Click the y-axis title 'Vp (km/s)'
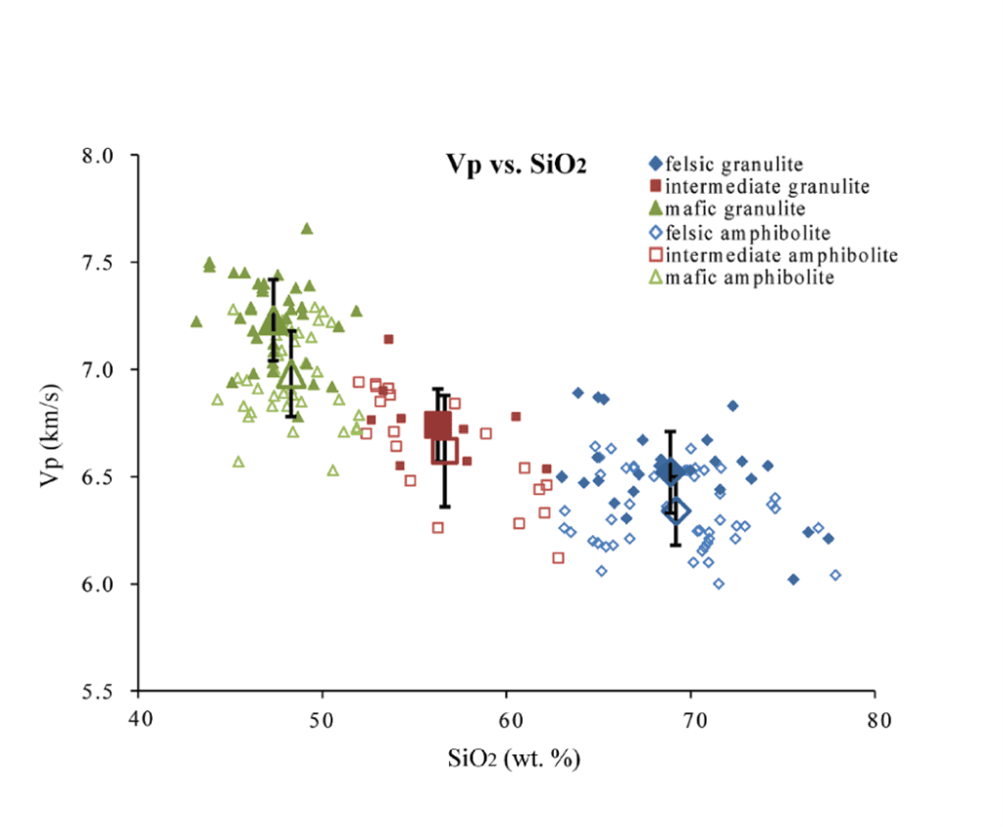pos(51,423)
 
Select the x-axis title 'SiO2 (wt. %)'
pos(506,758)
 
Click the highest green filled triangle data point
pos(307,228)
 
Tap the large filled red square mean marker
pos(437,425)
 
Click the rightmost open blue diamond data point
pos(835,575)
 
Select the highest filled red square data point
pos(388,339)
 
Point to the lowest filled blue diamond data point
pos(793,579)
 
